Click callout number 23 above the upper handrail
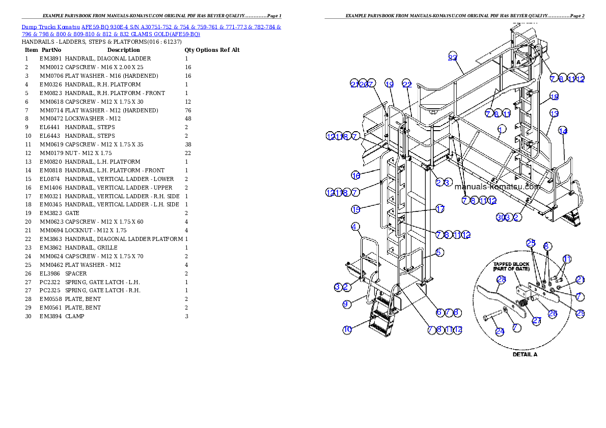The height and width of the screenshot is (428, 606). click(x=453, y=57)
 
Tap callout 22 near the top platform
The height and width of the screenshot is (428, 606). click(x=406, y=84)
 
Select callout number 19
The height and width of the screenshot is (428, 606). click(x=389, y=84)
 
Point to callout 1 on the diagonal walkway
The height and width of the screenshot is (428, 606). click(x=502, y=129)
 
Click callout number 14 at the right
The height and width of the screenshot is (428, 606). click(x=563, y=131)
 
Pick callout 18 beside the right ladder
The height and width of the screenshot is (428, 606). click(x=554, y=97)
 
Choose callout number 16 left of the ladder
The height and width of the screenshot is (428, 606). click(x=356, y=175)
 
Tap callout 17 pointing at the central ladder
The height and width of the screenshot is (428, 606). click(x=440, y=208)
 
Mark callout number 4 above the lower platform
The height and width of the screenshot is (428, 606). click(x=355, y=226)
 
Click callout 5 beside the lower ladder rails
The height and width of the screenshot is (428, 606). click(x=439, y=252)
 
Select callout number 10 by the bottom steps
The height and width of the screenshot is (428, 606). click(x=347, y=330)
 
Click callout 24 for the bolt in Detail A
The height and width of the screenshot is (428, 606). click(x=500, y=331)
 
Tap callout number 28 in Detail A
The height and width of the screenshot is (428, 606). click(x=501, y=279)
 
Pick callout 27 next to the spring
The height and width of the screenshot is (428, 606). click(x=536, y=321)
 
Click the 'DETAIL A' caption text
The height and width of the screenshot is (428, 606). click(x=525, y=354)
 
